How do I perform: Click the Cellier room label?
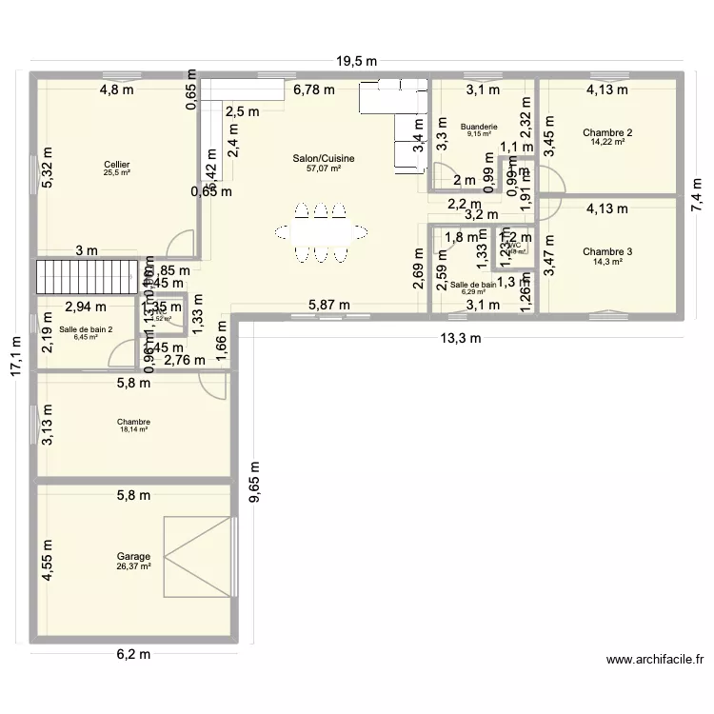tap(117, 164)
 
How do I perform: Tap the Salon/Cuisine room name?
tap(324, 158)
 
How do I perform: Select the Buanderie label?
tap(478, 126)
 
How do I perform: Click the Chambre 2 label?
tap(607, 132)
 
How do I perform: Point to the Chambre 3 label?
tap(607, 251)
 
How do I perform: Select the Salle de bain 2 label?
tap(86, 328)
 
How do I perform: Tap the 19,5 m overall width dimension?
tap(356, 61)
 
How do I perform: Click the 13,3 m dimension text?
tap(461, 338)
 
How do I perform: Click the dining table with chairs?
tap(320, 231)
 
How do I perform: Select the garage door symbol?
tap(198, 557)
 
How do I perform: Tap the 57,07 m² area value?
tap(324, 169)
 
